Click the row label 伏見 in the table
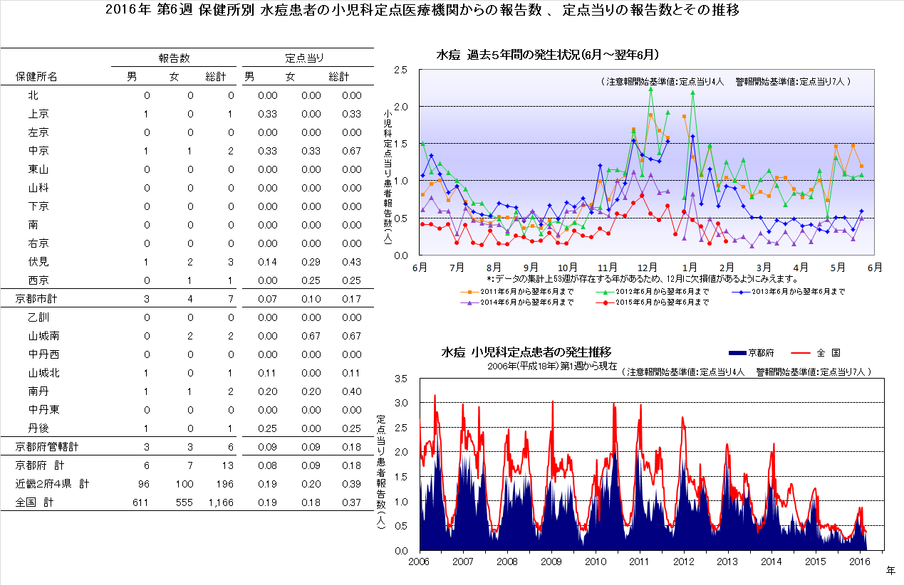[38, 262]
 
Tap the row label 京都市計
[36, 298]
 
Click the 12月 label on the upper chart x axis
[647, 268]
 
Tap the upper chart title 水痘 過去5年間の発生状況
[546, 55]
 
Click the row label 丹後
[38, 428]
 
